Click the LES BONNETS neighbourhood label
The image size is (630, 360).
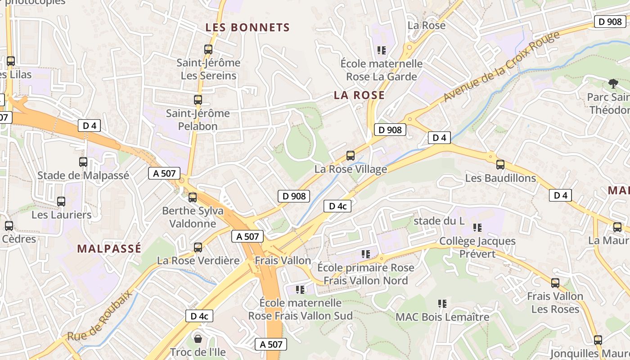247,27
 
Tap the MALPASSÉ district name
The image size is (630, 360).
109,248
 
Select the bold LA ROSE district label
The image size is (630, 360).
359,95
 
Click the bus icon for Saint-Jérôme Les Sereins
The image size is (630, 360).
208,49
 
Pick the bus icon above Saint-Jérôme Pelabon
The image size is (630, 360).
198,100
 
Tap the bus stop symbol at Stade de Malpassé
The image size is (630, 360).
83,162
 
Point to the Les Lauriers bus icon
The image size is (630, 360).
61,202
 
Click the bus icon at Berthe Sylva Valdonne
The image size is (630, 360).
193,197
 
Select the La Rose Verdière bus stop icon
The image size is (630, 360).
198,247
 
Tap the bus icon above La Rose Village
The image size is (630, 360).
350,156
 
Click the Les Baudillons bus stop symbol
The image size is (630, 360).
500,165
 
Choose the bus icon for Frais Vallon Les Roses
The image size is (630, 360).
555,283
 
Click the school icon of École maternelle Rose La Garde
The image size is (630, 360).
382,50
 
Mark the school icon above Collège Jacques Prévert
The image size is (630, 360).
477,228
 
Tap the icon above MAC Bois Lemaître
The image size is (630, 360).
442,304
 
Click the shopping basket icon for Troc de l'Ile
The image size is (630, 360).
198,338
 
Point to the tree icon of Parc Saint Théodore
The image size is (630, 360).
612,83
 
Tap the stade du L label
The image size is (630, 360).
439,221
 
